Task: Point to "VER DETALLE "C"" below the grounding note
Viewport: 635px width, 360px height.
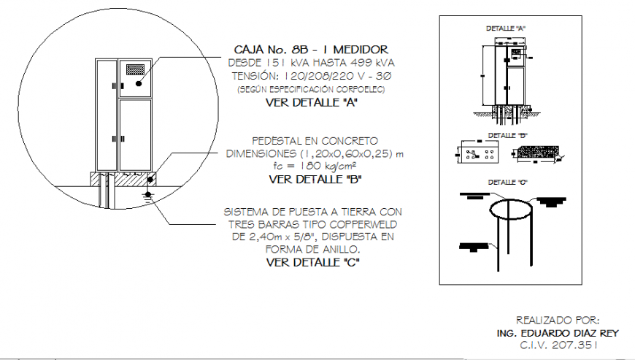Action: point(312,261)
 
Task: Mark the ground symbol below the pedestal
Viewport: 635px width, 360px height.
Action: point(147,195)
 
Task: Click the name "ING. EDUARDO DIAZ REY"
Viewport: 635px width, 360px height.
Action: point(557,332)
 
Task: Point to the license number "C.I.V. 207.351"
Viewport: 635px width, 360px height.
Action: point(557,343)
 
